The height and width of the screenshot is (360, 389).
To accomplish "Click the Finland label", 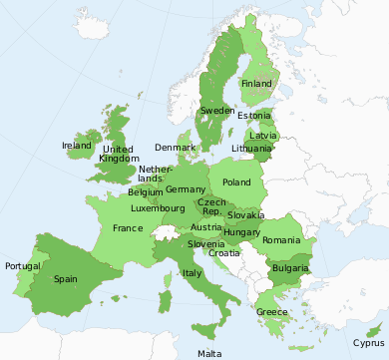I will (256, 85).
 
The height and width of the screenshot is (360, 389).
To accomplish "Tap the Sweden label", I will (217, 111).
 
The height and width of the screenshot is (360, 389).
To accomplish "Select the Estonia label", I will (254, 116).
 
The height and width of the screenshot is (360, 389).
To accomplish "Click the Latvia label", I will (263, 135).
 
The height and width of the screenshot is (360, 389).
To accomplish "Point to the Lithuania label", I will (251, 148).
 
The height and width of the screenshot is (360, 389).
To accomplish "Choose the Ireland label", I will (77, 146).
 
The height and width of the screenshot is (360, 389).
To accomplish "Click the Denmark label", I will (176, 148).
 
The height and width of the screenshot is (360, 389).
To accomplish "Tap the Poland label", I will (236, 182).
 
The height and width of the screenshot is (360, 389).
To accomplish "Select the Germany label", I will (186, 189).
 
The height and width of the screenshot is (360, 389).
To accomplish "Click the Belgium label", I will (146, 191).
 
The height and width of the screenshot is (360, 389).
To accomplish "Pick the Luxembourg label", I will (159, 209).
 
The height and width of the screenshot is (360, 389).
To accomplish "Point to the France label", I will (128, 228).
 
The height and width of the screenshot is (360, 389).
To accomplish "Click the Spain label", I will (66, 279).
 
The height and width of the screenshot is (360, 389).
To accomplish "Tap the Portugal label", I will (23, 266).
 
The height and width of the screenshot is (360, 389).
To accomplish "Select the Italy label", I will (193, 273).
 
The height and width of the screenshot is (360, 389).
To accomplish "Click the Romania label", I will (281, 240).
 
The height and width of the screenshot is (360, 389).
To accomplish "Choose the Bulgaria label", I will (289, 269).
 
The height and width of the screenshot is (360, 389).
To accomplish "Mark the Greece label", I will (272, 312).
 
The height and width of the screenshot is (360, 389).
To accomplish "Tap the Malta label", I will (209, 354).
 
